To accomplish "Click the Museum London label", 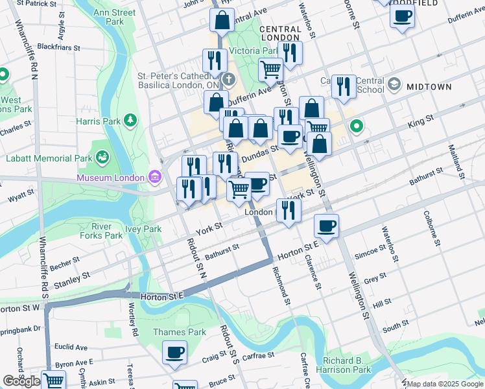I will [x=111, y=178].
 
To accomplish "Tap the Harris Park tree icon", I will [x=132, y=120].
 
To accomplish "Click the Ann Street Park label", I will [x=115, y=17].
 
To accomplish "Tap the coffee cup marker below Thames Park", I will [x=174, y=353].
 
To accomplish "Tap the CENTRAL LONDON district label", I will [x=280, y=33].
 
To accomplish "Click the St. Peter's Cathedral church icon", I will [x=229, y=80].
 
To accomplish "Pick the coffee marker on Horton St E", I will [x=326, y=226].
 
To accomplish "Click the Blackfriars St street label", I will [x=58, y=47].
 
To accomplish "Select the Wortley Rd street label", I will [x=133, y=318].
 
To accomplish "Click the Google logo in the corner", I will [x=21, y=381].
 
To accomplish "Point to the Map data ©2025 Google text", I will [x=445, y=384].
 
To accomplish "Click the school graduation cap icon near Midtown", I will [x=394, y=85].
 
